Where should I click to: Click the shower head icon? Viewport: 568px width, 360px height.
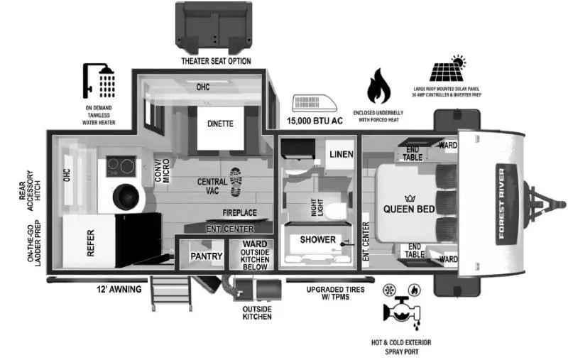coord(99,82)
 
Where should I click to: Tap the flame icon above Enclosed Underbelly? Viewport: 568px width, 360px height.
coord(378,86)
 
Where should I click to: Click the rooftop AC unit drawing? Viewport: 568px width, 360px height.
coord(315,104)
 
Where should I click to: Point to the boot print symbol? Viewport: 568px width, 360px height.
coord(236,182)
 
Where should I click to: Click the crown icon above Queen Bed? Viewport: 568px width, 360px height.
coord(410,199)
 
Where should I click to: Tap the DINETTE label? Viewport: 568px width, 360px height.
coord(220,124)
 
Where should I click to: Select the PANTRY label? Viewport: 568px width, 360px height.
coord(207,256)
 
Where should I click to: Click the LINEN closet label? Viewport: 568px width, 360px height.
coord(342,154)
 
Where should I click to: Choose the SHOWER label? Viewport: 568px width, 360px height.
coord(317,239)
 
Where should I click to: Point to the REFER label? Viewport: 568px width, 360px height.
coord(91,243)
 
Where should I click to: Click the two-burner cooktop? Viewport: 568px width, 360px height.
coord(121,166)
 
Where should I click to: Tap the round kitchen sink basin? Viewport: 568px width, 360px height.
coord(126,197)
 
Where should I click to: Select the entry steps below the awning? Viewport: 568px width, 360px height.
coord(171,293)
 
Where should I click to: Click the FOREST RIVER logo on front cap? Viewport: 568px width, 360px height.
coord(501,204)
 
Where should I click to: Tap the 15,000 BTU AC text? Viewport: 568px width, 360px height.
coord(315,121)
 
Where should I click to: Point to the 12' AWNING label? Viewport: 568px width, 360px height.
coord(119,289)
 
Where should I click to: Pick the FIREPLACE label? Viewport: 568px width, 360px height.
coord(239,212)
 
